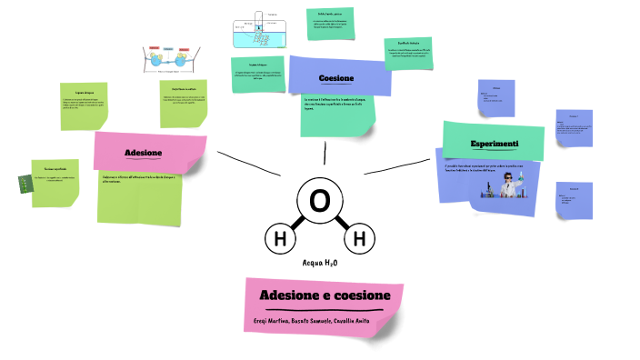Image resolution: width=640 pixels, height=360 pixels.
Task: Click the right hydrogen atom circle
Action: click(358, 240)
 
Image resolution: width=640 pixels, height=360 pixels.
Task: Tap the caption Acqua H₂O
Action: click(320, 263)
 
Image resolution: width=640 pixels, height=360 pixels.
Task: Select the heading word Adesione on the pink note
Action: click(144, 152)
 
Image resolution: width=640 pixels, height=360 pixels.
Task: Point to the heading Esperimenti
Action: click(494, 145)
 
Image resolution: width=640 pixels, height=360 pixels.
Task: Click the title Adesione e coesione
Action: click(325, 296)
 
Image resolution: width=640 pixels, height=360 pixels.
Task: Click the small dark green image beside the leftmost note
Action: click(24, 182)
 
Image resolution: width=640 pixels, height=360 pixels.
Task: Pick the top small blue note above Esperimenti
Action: click(495, 97)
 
